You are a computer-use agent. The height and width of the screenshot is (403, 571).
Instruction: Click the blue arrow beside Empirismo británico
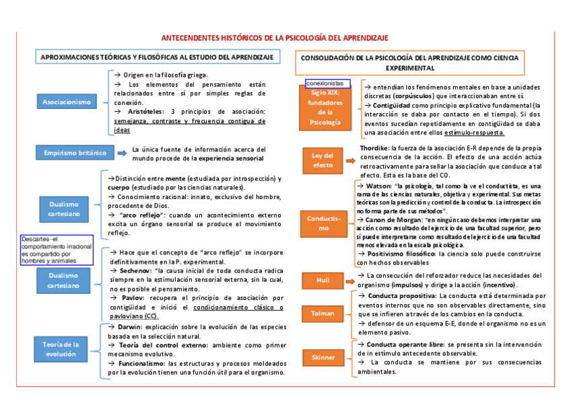point(121,153)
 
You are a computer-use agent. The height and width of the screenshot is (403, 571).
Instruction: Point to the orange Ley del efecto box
point(323,160)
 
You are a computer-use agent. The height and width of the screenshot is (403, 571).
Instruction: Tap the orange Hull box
point(323,280)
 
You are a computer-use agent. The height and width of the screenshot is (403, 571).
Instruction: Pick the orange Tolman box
point(323,313)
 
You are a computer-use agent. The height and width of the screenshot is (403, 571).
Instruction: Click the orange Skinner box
point(323,357)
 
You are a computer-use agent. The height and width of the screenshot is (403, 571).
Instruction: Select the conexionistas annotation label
point(327,83)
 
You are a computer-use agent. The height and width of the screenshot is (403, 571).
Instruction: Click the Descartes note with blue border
point(57,250)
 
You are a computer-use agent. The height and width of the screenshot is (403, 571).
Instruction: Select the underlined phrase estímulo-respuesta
point(477,133)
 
